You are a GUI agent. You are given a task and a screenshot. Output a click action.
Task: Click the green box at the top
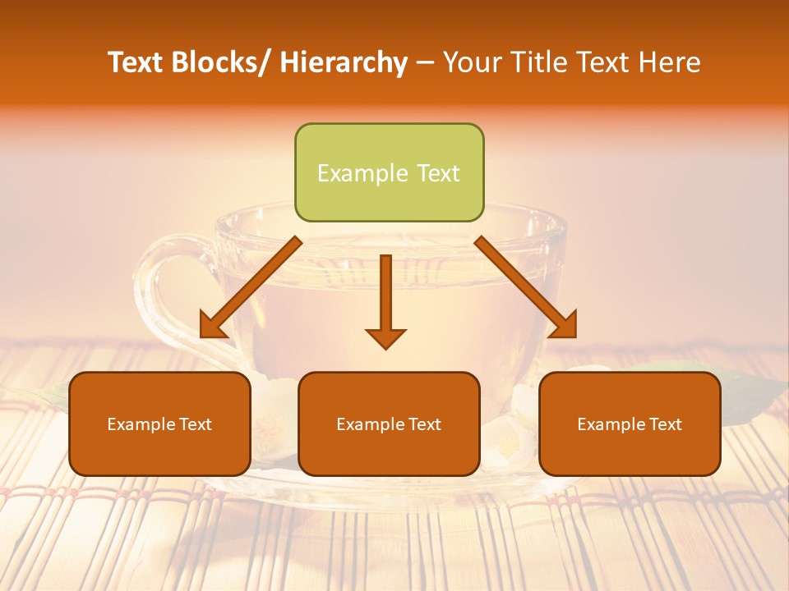(x=389, y=172)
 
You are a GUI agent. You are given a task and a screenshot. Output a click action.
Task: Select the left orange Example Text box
(x=159, y=424)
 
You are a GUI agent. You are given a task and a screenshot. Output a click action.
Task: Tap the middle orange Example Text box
(x=389, y=424)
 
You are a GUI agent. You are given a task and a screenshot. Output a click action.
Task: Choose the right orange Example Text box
(x=630, y=424)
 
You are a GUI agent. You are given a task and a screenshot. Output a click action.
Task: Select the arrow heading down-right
(x=525, y=287)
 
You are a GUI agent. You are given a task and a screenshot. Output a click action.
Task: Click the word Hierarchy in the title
(x=344, y=62)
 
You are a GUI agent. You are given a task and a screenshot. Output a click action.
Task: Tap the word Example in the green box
(x=362, y=173)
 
